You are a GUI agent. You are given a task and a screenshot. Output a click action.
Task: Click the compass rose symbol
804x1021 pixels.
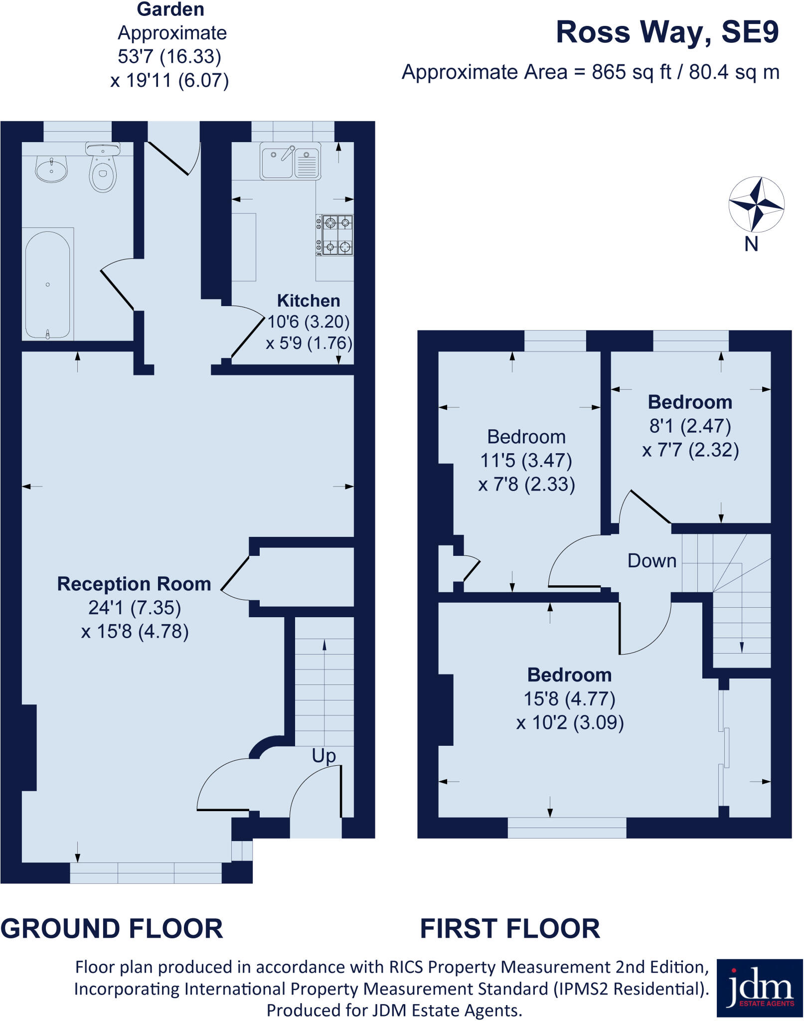(x=756, y=204)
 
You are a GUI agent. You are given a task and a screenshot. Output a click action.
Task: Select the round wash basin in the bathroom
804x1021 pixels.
(x=51, y=169)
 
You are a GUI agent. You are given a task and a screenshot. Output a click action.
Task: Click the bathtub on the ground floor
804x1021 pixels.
(x=48, y=284)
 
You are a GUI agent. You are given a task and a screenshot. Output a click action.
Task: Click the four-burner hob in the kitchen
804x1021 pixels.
(x=335, y=235)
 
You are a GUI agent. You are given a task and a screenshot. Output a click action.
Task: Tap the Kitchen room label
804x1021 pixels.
(x=309, y=301)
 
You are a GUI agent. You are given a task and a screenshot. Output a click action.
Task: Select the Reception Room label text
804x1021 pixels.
(x=134, y=584)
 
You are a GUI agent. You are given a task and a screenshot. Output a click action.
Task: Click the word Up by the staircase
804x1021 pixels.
(x=324, y=756)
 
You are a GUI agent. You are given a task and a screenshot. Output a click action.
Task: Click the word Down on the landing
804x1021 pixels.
(x=651, y=561)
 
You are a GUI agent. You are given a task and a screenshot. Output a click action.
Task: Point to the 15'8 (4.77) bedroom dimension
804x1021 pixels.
(x=569, y=698)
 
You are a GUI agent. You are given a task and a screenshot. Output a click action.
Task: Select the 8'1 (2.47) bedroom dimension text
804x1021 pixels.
(x=690, y=426)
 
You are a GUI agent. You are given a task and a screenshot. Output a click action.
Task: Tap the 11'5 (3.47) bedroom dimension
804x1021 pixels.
(x=526, y=460)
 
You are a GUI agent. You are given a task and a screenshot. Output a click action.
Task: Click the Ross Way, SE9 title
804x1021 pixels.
(x=667, y=32)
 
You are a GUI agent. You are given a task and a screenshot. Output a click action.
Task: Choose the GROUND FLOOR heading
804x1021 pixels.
(x=112, y=928)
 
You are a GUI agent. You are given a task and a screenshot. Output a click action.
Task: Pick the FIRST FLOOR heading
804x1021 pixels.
(x=510, y=928)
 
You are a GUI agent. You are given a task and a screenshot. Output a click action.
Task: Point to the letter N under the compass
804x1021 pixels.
(x=751, y=244)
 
